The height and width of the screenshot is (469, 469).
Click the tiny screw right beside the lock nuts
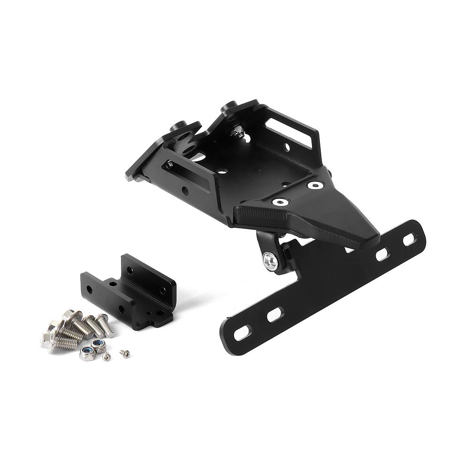pos(106,357)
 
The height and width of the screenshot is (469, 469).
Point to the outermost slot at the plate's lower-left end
pos(242,332)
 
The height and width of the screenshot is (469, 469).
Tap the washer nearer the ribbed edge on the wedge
pos(280,202)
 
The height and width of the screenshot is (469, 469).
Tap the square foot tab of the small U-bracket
pos(159,321)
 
